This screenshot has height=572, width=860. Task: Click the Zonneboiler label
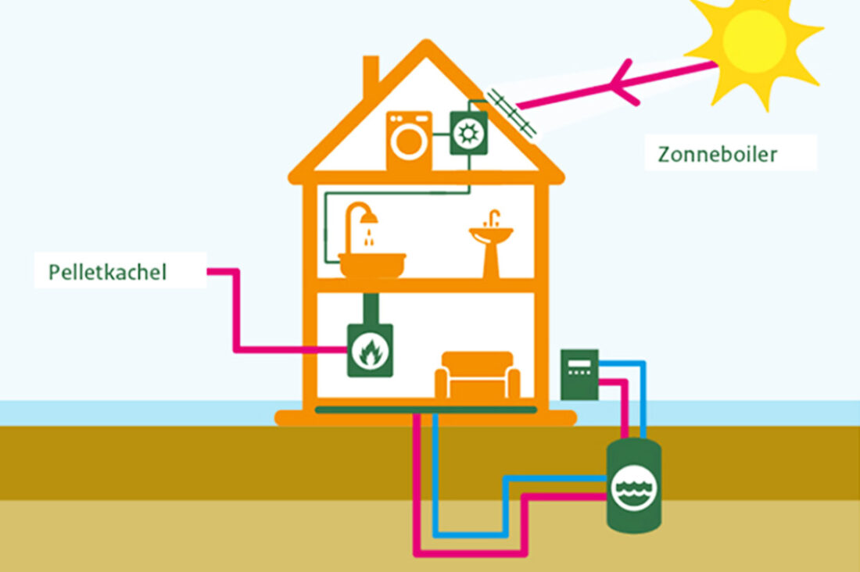[718, 154]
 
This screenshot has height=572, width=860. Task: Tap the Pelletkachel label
[108, 272]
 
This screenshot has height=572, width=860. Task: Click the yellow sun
[754, 43]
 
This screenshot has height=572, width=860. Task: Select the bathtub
[373, 264]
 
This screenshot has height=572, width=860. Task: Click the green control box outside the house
[579, 374]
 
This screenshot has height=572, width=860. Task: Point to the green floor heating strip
[426, 409]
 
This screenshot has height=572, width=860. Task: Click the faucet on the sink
[492, 217]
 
